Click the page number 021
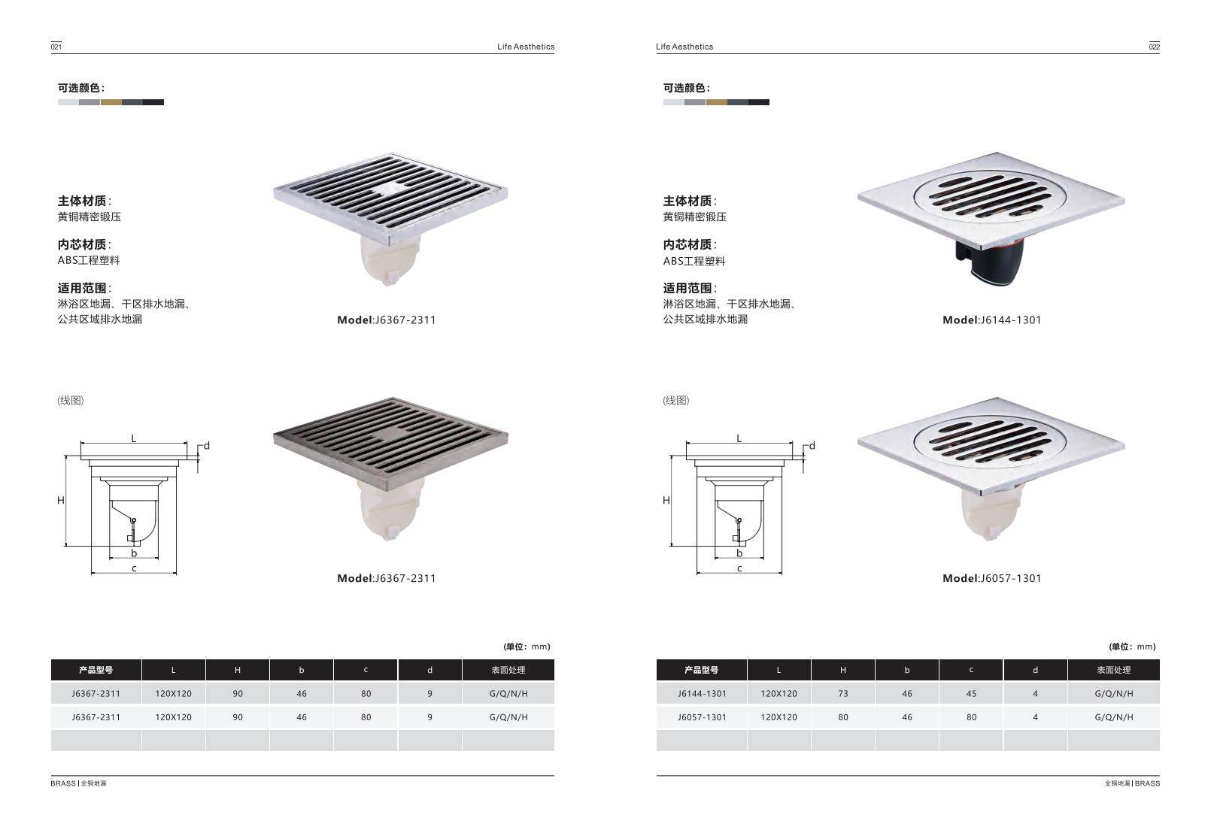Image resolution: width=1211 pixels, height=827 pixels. (56, 47)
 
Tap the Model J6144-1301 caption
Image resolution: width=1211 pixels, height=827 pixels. (991, 320)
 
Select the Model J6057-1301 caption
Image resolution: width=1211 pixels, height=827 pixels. (991, 578)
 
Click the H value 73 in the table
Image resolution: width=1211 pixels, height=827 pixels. (842, 693)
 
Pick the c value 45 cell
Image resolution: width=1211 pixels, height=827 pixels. (971, 693)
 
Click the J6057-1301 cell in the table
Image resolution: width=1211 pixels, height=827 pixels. (702, 717)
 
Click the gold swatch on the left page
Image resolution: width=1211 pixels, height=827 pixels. (111, 102)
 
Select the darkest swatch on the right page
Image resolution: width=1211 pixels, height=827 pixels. (758, 102)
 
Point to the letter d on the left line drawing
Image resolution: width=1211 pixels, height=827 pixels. (207, 445)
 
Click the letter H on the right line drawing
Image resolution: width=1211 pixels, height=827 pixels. (666, 500)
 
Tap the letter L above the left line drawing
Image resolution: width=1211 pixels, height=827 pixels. (134, 438)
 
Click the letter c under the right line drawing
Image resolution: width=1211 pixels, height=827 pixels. (739, 568)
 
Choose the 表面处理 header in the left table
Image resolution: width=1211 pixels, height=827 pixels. (508, 670)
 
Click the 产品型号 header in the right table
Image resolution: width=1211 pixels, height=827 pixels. (701, 670)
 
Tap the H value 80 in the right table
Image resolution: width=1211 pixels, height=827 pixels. (842, 717)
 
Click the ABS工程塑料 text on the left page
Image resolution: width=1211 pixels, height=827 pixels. (89, 260)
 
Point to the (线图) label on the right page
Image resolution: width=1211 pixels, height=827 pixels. (675, 400)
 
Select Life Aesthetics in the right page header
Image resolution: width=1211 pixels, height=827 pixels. (684, 47)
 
